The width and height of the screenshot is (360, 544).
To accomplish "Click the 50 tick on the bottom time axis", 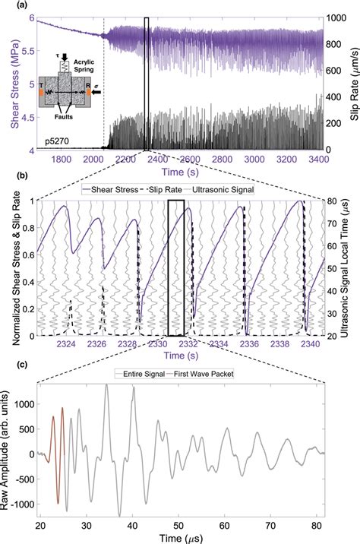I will tap(179, 524).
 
